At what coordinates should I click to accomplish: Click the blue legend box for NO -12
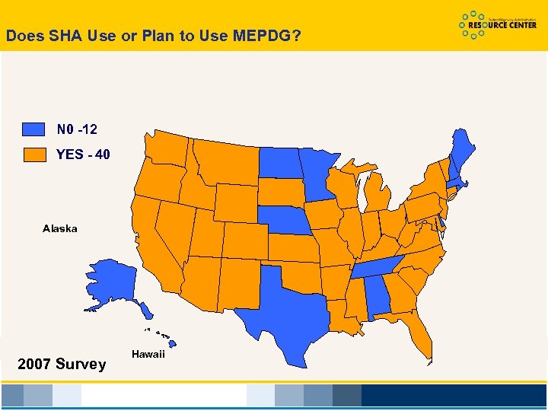point(33,129)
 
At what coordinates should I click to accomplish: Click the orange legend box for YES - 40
point(33,155)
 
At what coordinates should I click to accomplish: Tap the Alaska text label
point(59,228)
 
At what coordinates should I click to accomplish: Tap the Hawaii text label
point(148,355)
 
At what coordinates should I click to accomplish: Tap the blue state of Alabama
point(378,298)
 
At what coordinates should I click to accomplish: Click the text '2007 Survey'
point(62,365)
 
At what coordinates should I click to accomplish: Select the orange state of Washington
point(168,148)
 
